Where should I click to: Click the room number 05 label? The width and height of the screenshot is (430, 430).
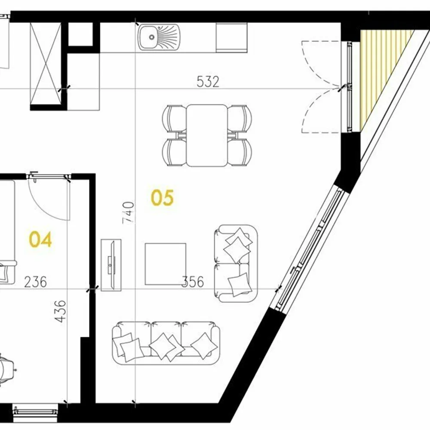162,198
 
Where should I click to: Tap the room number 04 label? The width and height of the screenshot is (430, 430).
40,239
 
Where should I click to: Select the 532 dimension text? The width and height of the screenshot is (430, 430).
208,82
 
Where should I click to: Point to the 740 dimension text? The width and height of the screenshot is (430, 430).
128,212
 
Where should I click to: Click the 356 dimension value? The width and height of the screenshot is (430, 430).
193,282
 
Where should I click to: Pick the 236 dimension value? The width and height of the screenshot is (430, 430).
36,282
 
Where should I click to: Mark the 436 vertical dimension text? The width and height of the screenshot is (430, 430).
60,311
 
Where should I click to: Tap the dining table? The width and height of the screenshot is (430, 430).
207,135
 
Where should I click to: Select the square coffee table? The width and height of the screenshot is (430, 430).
166,264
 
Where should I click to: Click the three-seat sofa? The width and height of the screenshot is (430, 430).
166,343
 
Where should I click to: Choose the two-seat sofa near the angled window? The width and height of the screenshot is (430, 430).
236,263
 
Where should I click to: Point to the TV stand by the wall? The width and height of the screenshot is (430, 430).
111,265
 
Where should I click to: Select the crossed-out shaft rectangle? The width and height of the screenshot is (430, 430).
45,64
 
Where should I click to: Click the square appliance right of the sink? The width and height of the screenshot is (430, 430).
231,37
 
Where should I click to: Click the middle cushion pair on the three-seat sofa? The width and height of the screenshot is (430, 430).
166,346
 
